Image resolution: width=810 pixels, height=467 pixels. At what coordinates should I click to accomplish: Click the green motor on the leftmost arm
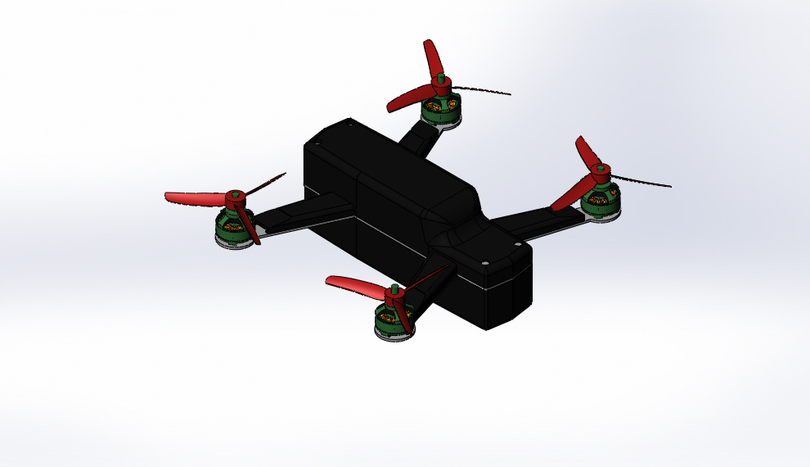(232, 227)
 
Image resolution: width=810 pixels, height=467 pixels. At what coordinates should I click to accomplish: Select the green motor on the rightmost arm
(601, 203)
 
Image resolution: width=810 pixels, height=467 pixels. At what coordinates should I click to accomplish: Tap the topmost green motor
(440, 111)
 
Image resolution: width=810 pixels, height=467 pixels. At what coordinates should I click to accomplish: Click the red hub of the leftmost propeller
(235, 197)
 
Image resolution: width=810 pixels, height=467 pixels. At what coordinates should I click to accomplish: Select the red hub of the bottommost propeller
(393, 295)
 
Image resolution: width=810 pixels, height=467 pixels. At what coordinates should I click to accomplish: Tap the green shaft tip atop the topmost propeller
(440, 79)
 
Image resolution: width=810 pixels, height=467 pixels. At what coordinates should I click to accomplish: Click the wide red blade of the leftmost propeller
(192, 197)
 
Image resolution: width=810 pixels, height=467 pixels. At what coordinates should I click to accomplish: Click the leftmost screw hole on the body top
(350, 125)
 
